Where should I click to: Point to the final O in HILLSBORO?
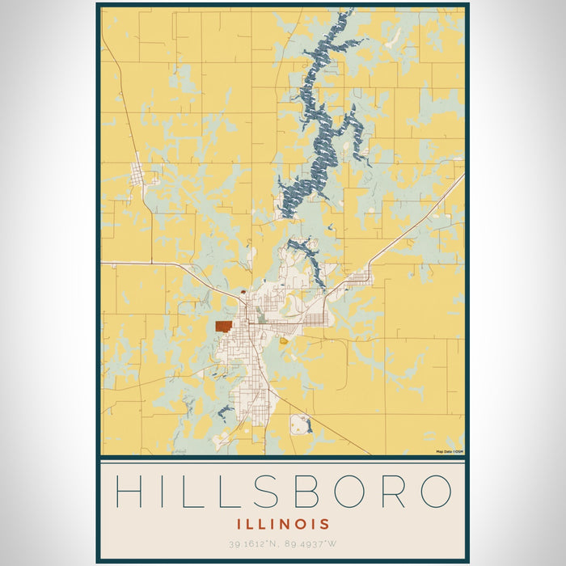pyautogui.click(x=434, y=491)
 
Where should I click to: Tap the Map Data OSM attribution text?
pyautogui.click(x=450, y=451)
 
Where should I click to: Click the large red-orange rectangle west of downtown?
pyautogui.click(x=224, y=326)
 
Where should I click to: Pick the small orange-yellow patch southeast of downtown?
pyautogui.click(x=284, y=340)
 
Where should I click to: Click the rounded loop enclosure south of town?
pyautogui.click(x=301, y=423)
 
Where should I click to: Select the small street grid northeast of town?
pyautogui.click(x=358, y=280)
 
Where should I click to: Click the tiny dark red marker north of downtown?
pyautogui.click(x=243, y=293)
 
